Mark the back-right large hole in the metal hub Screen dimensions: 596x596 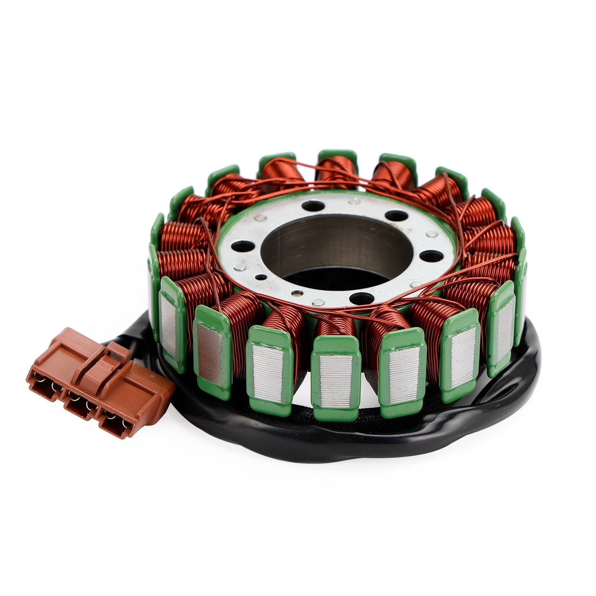[396, 216]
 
